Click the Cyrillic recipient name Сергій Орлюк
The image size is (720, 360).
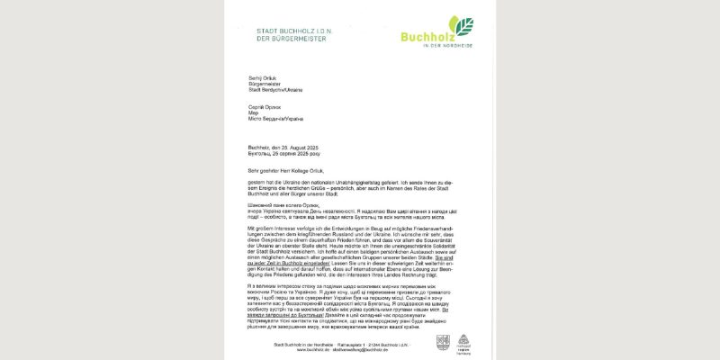click(x=262, y=107)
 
